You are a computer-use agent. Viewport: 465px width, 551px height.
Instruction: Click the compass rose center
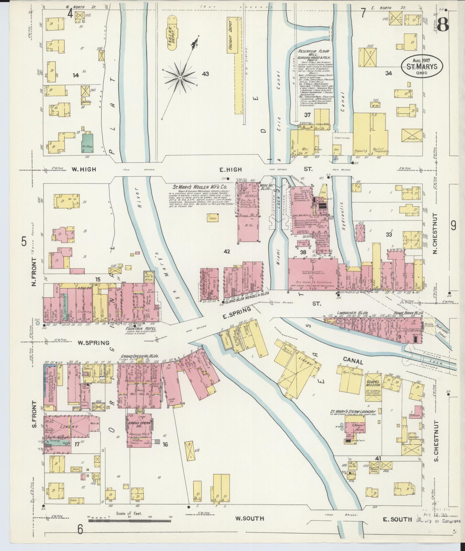pos(180,77)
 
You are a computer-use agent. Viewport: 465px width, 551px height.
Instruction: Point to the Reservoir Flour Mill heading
pos(312,53)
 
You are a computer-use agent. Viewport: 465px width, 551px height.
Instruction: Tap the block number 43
pos(205,74)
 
